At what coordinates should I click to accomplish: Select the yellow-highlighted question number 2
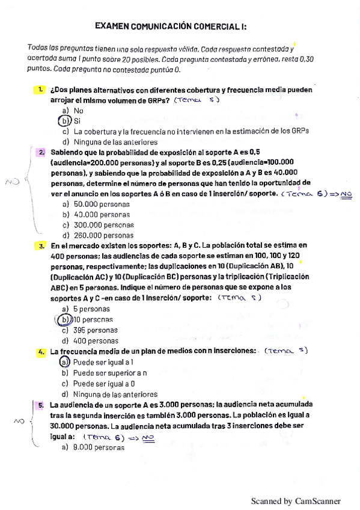[41, 153]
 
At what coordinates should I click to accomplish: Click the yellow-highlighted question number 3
[41, 246]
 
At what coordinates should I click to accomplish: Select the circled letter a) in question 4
[65, 362]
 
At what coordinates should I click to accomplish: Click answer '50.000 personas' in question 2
[102, 204]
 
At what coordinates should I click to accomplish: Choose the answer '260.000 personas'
[103, 235]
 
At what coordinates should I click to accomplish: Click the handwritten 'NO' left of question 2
[12, 180]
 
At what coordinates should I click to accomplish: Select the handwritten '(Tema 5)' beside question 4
[285, 351]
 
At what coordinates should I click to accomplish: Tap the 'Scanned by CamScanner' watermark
[295, 501]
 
